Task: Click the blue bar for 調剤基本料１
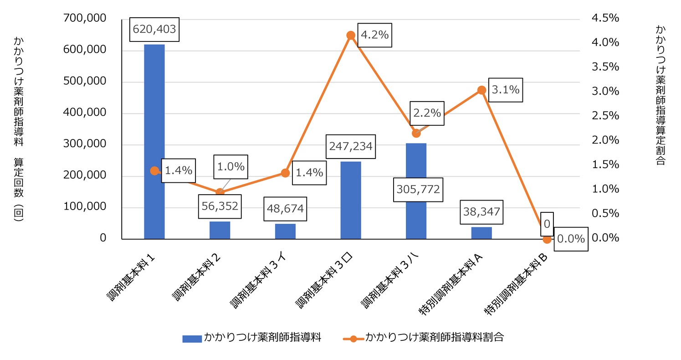(154, 141)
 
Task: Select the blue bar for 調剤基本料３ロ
(350, 200)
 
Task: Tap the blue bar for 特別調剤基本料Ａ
(481, 233)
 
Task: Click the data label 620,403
(154, 30)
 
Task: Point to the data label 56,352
(220, 206)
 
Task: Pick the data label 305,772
(418, 189)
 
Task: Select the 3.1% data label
(505, 90)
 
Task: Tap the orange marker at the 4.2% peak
(350, 35)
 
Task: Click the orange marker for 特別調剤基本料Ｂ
(547, 239)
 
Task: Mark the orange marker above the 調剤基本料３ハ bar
(416, 133)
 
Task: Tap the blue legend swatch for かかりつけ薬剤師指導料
(192, 338)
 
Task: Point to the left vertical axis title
(19, 129)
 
